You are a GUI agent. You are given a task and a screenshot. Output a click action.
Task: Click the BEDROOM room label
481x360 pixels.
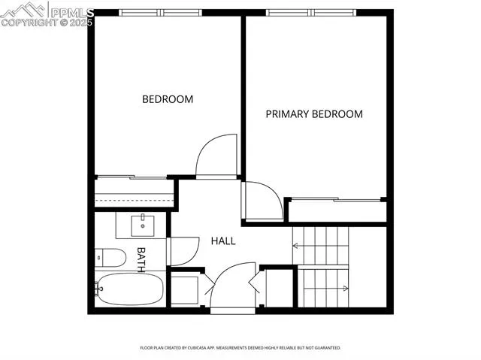click(x=168, y=99)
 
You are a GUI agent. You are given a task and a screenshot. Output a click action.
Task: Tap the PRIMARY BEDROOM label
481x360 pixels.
click(x=314, y=114)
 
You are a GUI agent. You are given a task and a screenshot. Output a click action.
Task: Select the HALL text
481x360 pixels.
click(x=222, y=241)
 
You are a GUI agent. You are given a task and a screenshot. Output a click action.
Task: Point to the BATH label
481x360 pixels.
click(x=140, y=259)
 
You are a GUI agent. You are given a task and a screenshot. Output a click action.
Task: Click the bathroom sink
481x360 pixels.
click(x=142, y=224)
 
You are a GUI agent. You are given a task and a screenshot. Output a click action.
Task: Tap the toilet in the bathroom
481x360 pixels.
click(x=110, y=258)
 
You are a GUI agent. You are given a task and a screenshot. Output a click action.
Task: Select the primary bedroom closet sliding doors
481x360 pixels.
click(x=335, y=200)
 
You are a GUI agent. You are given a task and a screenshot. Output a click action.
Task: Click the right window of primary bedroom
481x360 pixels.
click(x=337, y=12)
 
